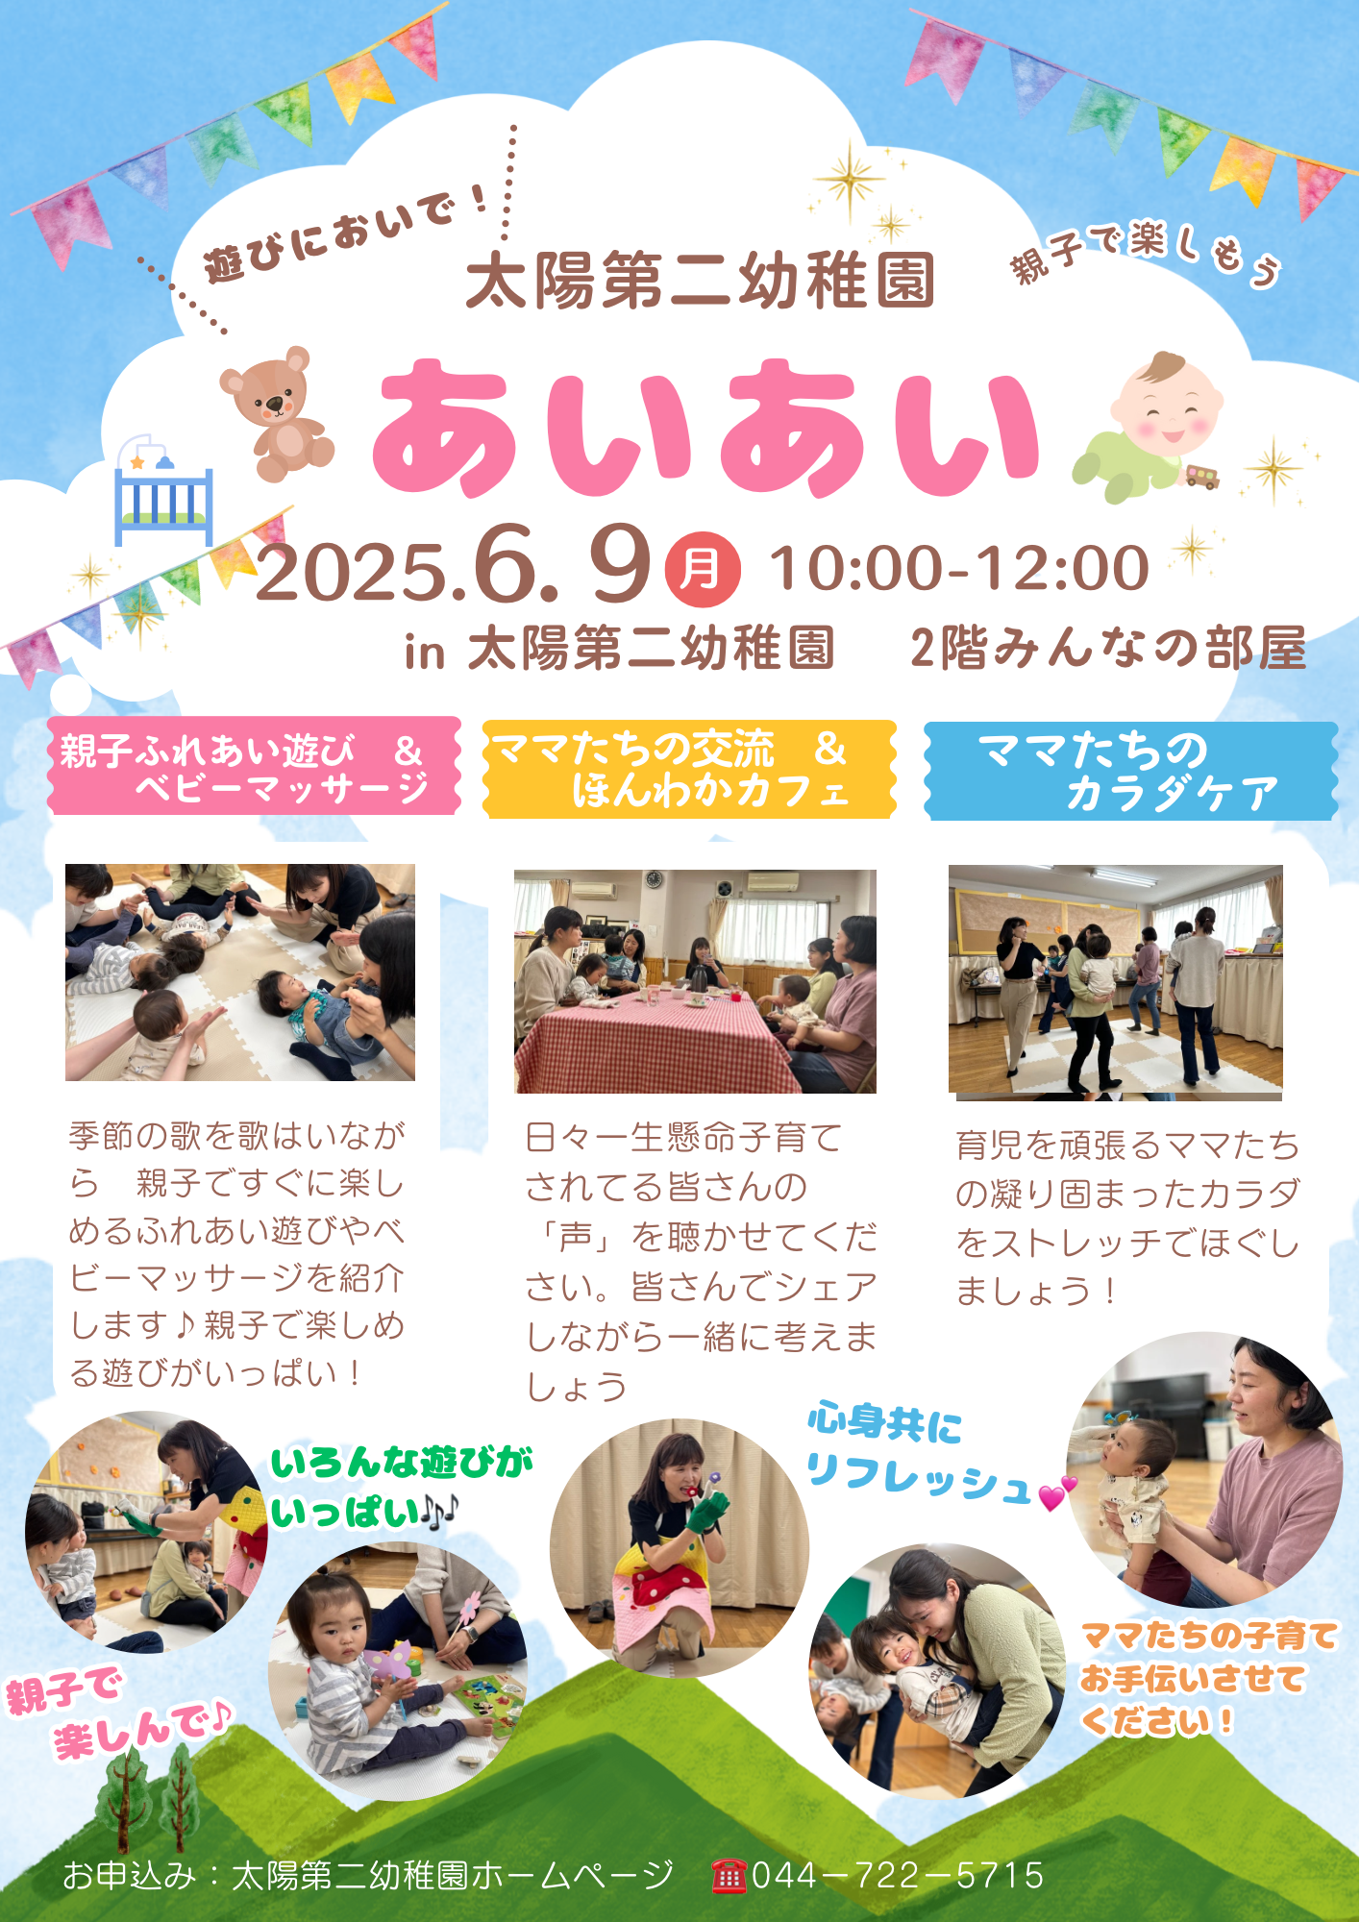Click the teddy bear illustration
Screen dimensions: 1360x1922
coord(277,413)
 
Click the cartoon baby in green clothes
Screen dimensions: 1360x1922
coord(1149,428)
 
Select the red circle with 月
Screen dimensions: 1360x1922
coord(703,570)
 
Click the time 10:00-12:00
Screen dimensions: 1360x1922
coord(959,568)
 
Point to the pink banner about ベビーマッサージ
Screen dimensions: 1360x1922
coord(254,767)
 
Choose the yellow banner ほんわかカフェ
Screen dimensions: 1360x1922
coord(688,770)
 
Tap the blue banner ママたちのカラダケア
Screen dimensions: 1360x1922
coord(1130,772)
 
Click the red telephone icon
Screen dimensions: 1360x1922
coord(729,1875)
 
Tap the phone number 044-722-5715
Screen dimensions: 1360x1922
coord(898,1875)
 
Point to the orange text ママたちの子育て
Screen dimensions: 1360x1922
coord(1209,1636)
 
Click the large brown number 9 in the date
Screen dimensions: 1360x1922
coord(621,564)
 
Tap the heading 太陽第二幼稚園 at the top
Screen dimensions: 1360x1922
coord(700,281)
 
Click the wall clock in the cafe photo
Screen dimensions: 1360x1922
coord(654,879)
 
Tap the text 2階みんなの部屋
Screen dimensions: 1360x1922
coord(1107,649)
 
